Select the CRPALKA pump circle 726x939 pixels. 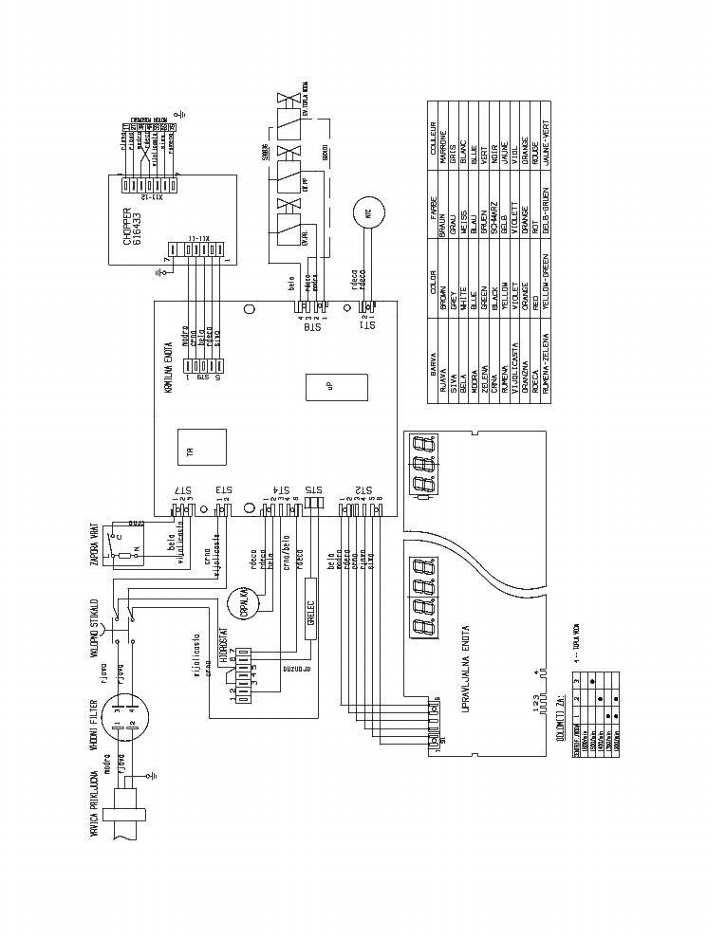coord(241,603)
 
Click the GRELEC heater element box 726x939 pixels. coord(309,621)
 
